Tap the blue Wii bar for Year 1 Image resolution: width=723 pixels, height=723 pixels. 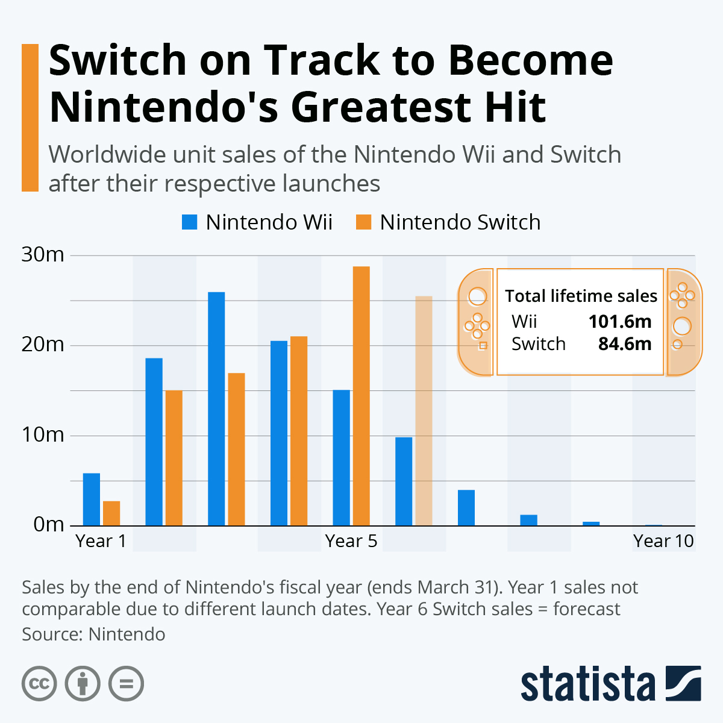click(91, 499)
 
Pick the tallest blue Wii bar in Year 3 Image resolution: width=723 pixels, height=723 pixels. click(216, 409)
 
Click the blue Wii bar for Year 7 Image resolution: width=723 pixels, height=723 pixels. click(466, 508)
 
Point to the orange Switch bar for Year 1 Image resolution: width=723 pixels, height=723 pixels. click(111, 513)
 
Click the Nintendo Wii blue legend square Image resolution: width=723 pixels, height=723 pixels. click(190, 222)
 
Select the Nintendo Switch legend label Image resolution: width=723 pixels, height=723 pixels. click(460, 222)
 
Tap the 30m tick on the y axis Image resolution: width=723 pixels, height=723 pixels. click(43, 255)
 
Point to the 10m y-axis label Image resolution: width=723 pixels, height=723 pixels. click(43, 434)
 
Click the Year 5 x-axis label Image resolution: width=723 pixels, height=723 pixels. click(351, 541)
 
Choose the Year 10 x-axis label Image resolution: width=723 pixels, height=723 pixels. click(663, 541)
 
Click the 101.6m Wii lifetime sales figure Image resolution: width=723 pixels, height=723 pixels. click(620, 321)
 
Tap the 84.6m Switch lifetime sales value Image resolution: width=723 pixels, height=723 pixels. click(624, 344)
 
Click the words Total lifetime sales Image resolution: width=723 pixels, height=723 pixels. click(581, 296)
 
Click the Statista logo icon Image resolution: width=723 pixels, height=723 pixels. click(683, 683)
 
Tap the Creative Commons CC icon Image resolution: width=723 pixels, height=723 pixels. click(39, 684)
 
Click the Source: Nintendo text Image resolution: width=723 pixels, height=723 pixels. click(93, 634)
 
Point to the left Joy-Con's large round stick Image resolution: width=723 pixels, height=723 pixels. click(477, 296)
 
